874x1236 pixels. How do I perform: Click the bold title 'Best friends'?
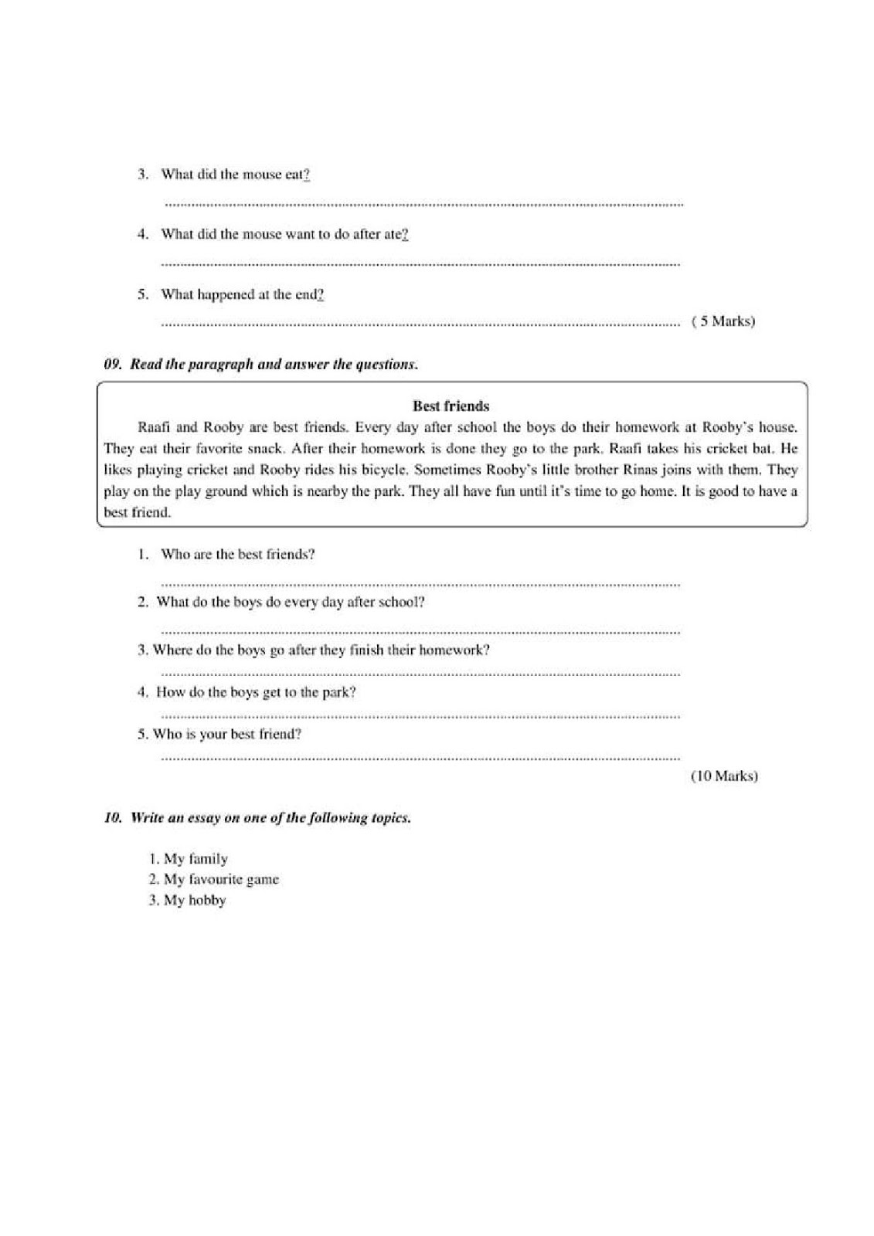click(x=451, y=406)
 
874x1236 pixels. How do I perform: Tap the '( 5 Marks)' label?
click(x=723, y=321)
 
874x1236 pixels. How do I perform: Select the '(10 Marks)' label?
click(x=723, y=776)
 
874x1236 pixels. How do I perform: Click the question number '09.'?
click(x=114, y=365)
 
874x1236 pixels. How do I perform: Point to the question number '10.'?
click(x=114, y=818)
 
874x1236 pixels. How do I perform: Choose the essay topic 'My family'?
click(x=196, y=859)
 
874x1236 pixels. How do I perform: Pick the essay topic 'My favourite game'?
click(x=221, y=879)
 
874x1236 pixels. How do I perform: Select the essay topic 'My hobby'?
click(x=195, y=900)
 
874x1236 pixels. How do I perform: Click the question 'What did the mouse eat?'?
click(x=235, y=175)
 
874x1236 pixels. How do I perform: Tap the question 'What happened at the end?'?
click(x=242, y=294)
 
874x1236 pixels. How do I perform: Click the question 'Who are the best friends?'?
click(x=237, y=554)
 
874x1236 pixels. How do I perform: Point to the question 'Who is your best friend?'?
click(x=227, y=734)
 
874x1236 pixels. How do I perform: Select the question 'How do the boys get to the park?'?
click(x=256, y=692)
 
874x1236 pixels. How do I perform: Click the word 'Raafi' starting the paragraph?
click(x=153, y=426)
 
